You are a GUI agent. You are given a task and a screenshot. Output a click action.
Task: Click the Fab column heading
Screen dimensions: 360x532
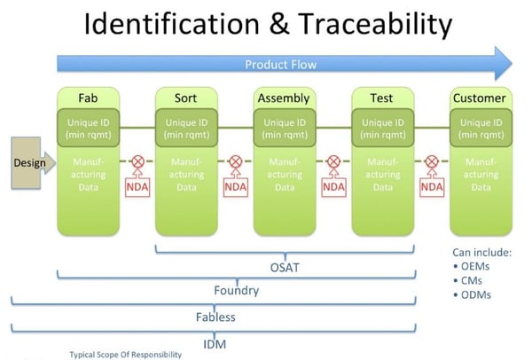point(89,98)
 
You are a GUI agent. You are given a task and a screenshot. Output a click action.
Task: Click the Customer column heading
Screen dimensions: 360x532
point(480,98)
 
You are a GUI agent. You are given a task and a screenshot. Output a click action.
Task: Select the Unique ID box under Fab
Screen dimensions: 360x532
point(89,129)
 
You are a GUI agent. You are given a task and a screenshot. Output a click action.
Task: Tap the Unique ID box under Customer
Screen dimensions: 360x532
point(480,129)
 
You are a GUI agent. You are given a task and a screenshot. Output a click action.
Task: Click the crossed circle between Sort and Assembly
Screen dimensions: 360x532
point(236,163)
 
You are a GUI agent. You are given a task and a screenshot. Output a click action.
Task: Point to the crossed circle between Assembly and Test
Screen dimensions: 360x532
point(333,163)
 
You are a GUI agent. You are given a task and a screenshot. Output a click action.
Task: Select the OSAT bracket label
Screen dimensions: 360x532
point(284,263)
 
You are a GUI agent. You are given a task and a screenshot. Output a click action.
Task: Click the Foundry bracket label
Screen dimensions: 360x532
point(236,289)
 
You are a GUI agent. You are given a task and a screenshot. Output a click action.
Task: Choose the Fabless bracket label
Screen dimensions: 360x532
point(215,316)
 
